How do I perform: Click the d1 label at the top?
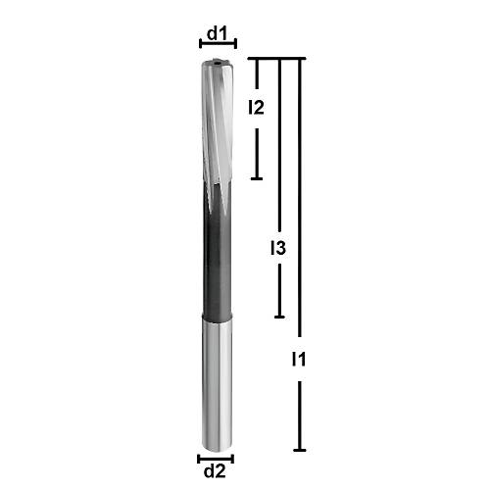(x=217, y=34)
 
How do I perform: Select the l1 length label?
(x=300, y=360)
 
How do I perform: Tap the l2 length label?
(x=256, y=107)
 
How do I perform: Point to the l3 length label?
(x=277, y=250)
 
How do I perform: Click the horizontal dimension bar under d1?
(x=217, y=46)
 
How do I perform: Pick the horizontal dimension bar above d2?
(x=216, y=458)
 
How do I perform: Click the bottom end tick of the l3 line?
(x=280, y=317)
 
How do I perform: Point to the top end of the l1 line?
(x=299, y=60)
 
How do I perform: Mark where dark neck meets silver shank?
(x=217, y=318)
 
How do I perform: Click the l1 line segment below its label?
(x=299, y=412)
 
